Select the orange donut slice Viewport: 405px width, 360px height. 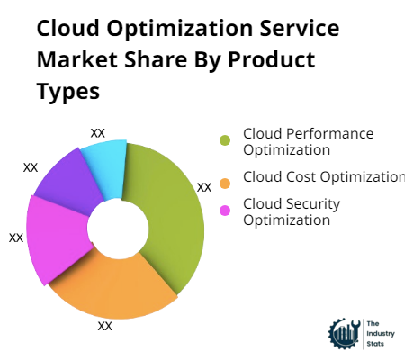(x=115, y=288)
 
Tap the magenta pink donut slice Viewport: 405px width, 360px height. (x=56, y=237)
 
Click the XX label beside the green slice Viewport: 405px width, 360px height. (x=204, y=188)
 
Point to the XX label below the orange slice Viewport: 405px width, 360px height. (x=105, y=326)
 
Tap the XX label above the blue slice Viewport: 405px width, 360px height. (x=98, y=133)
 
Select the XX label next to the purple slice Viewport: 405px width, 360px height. (x=31, y=167)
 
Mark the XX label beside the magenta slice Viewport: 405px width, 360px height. (x=16, y=238)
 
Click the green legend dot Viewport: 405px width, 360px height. (x=225, y=140)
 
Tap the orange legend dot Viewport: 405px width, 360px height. (x=225, y=184)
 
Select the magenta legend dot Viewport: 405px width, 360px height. (x=225, y=211)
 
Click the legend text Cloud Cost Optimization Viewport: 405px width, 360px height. (x=324, y=177)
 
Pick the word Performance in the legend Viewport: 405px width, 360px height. (x=330, y=134)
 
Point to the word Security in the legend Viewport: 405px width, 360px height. (x=313, y=204)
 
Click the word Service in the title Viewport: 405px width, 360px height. (x=300, y=28)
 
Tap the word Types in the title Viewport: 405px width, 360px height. (x=68, y=92)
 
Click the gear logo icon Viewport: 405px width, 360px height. (x=345, y=334)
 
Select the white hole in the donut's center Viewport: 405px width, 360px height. (x=118, y=229)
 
